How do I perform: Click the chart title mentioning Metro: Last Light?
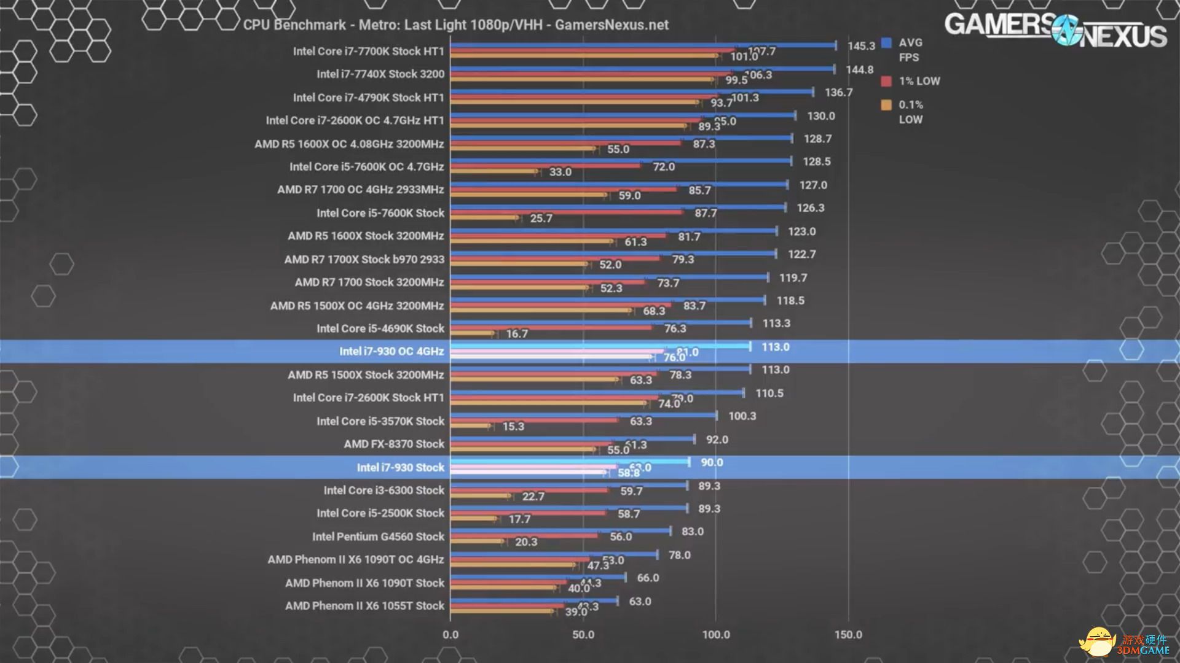pyautogui.click(x=455, y=25)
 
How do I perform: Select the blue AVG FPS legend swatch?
pyautogui.click(x=886, y=43)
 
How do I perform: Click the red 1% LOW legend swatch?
pyautogui.click(x=886, y=81)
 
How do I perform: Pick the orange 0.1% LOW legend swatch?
pyautogui.click(x=886, y=105)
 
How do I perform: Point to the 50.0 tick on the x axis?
pyautogui.click(x=583, y=635)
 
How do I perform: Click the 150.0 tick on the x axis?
pyautogui.click(x=848, y=635)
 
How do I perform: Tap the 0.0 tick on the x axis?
pyautogui.click(x=450, y=635)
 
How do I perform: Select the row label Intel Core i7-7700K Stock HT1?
pyautogui.click(x=368, y=52)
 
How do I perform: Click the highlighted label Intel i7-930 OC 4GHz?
pyautogui.click(x=391, y=352)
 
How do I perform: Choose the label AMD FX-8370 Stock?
pyautogui.click(x=394, y=444)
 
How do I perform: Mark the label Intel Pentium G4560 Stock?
pyautogui.click(x=378, y=537)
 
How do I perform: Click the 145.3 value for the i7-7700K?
pyautogui.click(x=861, y=46)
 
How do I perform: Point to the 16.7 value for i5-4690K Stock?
pyautogui.click(x=517, y=334)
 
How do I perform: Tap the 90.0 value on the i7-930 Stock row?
pyautogui.click(x=712, y=462)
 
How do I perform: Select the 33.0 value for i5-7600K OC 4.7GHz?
pyautogui.click(x=560, y=172)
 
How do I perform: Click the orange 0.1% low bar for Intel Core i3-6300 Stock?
pyautogui.click(x=479, y=495)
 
